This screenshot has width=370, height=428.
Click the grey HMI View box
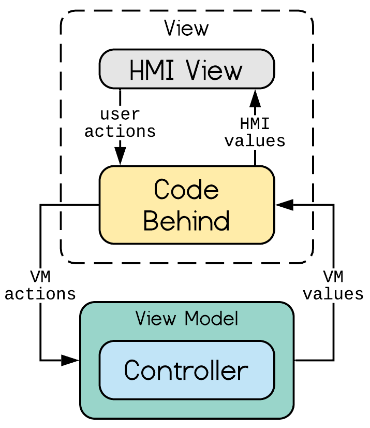187,69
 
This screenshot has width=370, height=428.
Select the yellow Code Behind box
187,205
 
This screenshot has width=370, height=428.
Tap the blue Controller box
187,370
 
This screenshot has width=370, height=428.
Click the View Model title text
187,318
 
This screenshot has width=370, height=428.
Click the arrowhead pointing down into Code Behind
120,156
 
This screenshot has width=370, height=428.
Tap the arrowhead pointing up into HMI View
255,98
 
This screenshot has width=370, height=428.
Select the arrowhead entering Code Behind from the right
284,205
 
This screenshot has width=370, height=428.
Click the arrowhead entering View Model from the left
70,360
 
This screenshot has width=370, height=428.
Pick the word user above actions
120,115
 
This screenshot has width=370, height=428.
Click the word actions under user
120,132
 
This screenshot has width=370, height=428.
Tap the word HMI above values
255,123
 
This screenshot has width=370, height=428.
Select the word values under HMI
255,141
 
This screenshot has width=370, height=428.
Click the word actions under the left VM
40,294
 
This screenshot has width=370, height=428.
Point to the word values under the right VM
333,294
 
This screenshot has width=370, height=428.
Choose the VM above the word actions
40,277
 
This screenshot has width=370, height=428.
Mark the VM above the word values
333,277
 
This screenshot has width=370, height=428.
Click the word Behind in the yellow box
186,221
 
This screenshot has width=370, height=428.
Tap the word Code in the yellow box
186,189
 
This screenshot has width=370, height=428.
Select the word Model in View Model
211,318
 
